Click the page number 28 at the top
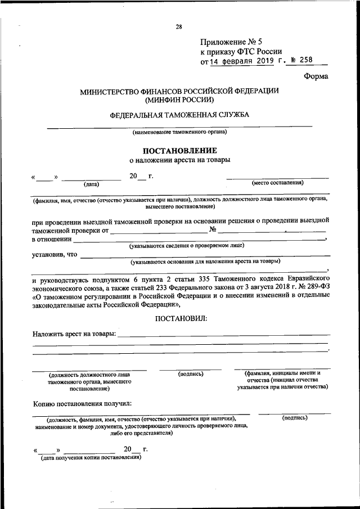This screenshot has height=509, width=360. coord(178,26)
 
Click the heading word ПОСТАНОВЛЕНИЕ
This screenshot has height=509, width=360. coord(179,150)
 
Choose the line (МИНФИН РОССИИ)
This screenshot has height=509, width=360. coord(179,100)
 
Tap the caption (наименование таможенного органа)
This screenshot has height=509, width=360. coord(179,133)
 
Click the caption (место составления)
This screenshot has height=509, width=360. coord(278,183)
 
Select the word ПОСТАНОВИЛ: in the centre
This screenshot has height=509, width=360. coord(181,318)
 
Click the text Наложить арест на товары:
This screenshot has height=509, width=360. coord(74,334)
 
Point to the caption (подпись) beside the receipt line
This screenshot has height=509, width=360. coord(294,418)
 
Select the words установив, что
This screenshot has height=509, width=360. coord(54,255)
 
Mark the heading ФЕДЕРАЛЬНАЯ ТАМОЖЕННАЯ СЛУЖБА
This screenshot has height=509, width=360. coord(179,115)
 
